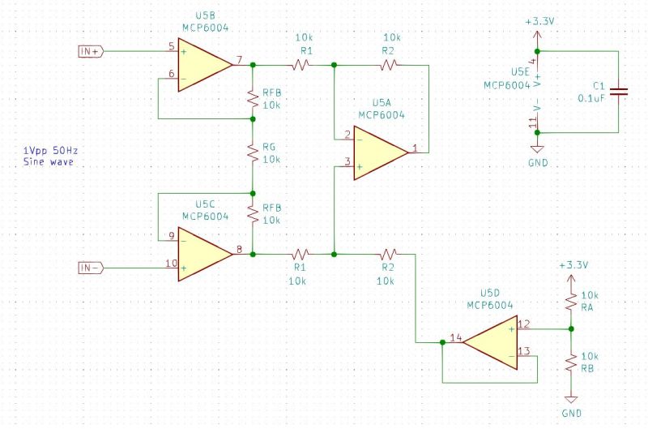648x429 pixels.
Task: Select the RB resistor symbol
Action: pos(572,361)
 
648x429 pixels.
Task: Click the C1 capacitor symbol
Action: pos(619,92)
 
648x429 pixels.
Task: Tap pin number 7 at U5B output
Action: pos(239,59)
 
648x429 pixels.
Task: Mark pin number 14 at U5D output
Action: pos(455,336)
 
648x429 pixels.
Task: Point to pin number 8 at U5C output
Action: pos(239,249)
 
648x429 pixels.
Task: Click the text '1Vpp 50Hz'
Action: pos(55,152)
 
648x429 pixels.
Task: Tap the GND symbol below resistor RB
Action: pos(572,403)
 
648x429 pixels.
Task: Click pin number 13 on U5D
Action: pos(523,351)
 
